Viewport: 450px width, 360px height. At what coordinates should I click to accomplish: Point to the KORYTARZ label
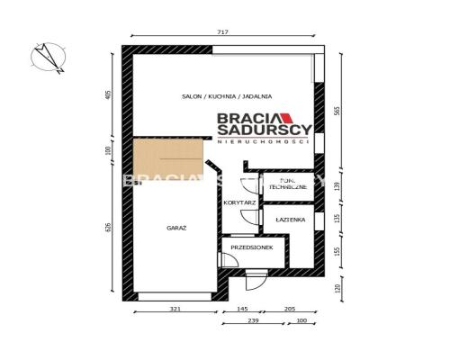point(240,203)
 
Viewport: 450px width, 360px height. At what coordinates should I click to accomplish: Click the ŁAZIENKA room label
point(290,220)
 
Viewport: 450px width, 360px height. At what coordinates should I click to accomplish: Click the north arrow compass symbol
point(46,58)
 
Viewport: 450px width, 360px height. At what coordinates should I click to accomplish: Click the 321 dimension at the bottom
point(175,309)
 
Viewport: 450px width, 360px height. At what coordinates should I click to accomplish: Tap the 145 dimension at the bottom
point(244,309)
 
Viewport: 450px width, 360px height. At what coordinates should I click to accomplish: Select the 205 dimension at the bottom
point(289,309)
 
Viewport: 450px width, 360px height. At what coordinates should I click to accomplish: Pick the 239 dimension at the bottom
point(255,321)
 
